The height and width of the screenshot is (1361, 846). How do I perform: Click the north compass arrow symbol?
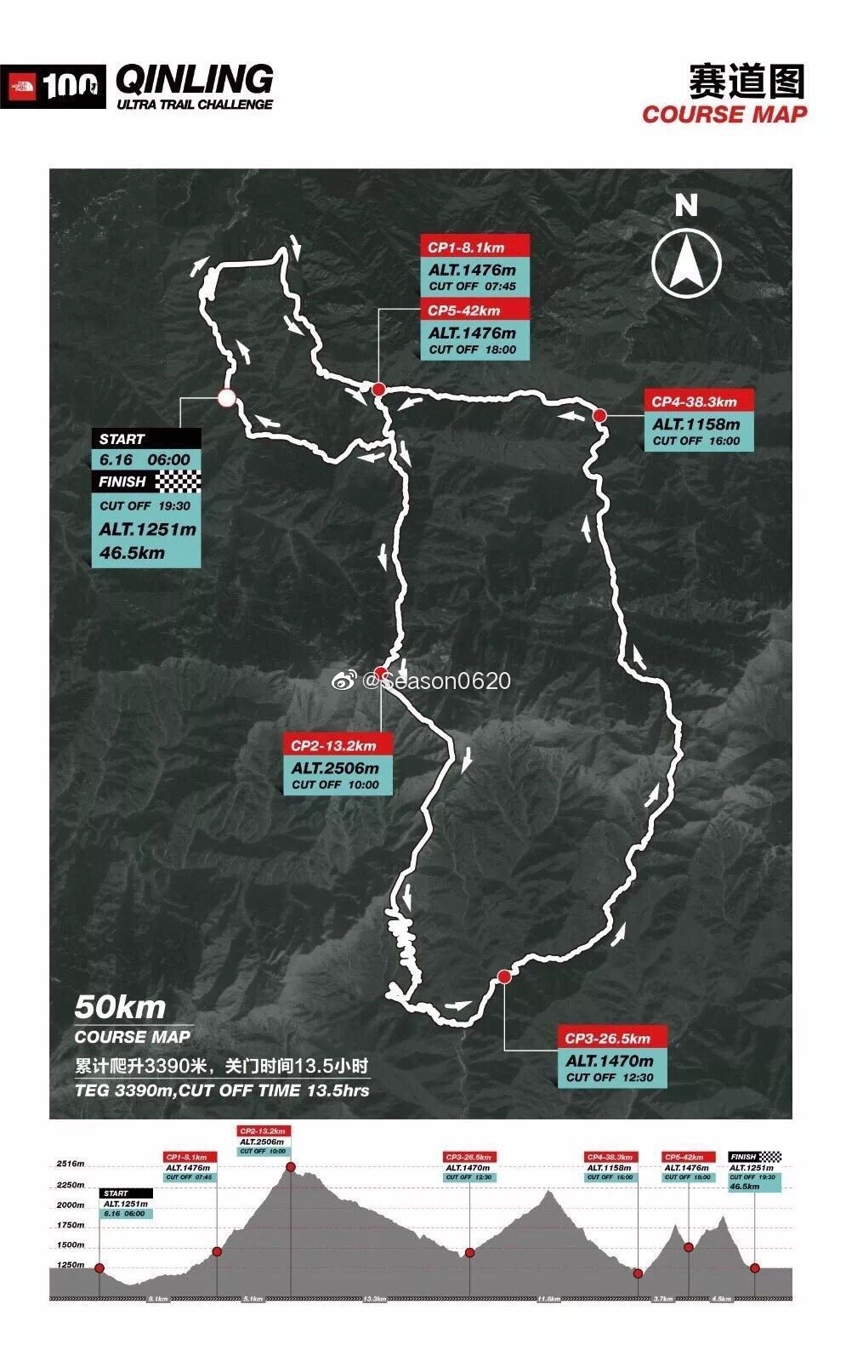pos(686,261)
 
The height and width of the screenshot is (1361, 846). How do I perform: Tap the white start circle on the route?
pos(226,397)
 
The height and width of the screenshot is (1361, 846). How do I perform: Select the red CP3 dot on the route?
pos(504,977)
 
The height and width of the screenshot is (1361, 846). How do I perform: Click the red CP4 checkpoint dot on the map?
pos(599,415)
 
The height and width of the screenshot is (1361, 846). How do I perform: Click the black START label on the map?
pos(146,439)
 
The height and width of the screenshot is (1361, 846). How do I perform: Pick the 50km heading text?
pos(120,1007)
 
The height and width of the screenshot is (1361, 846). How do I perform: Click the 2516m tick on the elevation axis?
pos(70,1164)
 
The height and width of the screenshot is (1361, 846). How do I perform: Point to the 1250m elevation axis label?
pos(70,1265)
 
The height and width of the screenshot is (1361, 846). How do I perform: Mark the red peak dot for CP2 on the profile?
pos(291,1166)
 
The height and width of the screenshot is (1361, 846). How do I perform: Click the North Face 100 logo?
pos(54,86)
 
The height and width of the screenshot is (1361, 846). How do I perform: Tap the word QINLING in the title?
pos(194,80)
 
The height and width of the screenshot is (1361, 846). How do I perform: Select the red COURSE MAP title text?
pos(724,114)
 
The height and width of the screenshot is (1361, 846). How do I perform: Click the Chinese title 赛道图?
pos(746,82)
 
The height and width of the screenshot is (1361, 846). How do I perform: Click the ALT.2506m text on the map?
pos(336,768)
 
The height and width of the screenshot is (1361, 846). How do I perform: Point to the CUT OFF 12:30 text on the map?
pos(610,1077)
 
